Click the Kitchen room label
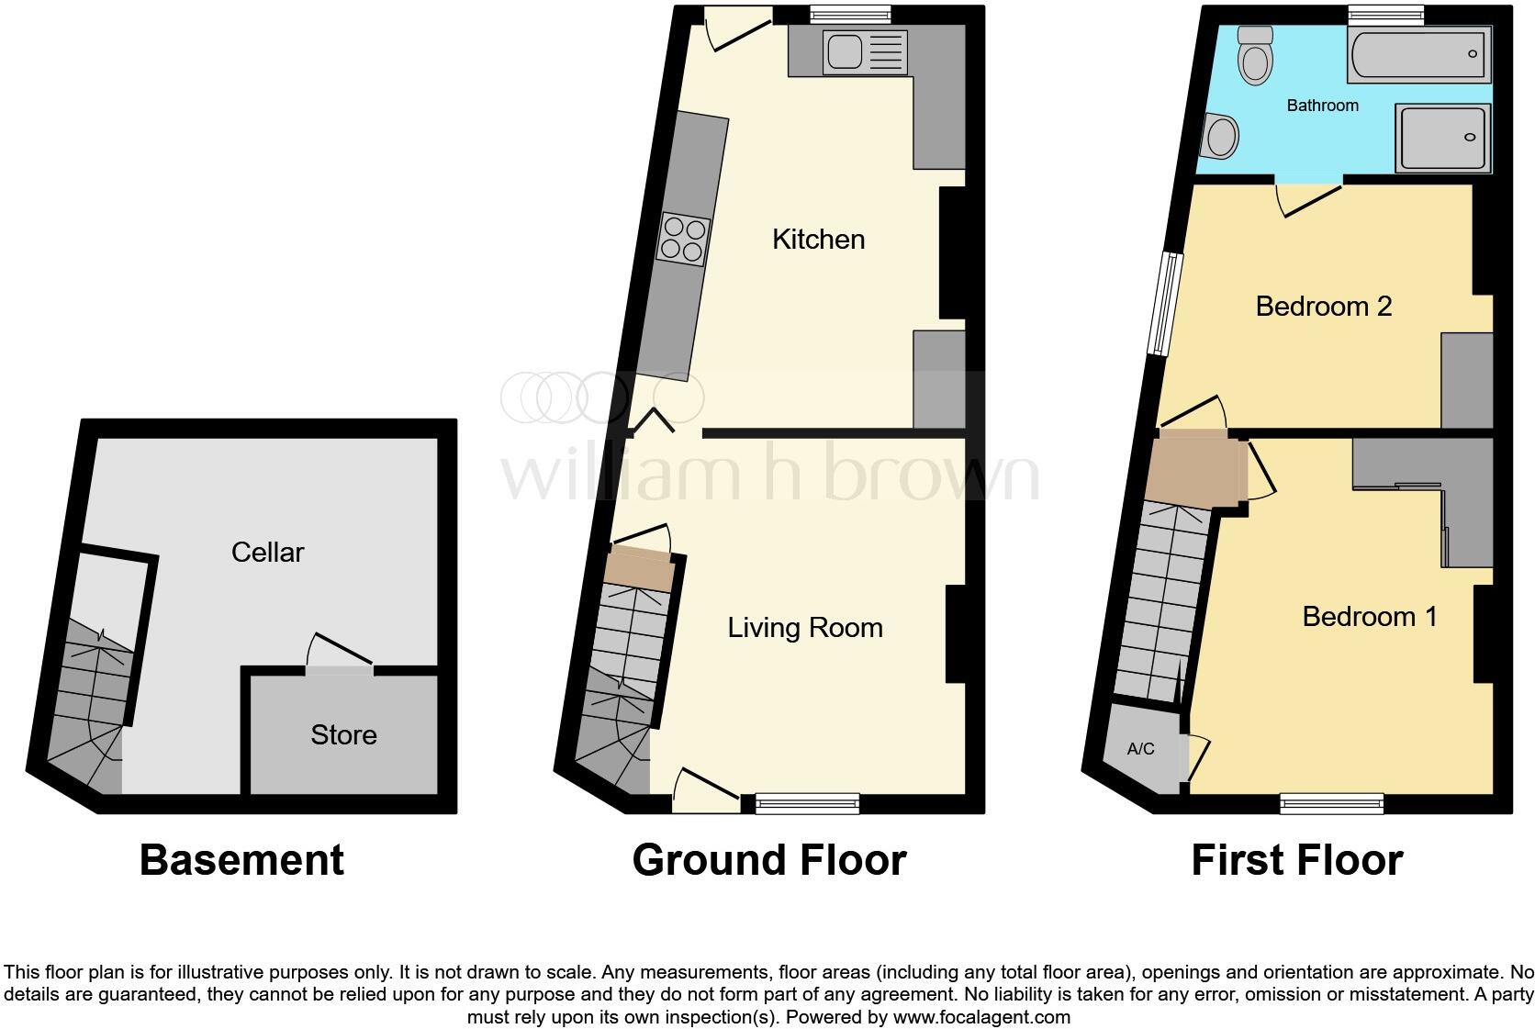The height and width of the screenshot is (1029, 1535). [818, 240]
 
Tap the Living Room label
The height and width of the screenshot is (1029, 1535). [805, 628]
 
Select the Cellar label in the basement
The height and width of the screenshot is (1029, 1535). [267, 552]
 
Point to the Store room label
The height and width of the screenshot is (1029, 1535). [343, 734]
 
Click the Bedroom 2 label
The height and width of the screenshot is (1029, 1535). [1323, 306]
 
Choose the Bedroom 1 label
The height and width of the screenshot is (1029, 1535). [1369, 616]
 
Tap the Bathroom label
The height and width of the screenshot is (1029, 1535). [1322, 106]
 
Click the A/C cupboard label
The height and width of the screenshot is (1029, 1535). [1140, 749]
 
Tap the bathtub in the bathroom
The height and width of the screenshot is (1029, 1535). [1418, 54]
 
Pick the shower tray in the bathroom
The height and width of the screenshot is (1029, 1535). [1441, 138]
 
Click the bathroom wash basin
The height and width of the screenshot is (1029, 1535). [1221, 138]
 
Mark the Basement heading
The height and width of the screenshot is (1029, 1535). [241, 860]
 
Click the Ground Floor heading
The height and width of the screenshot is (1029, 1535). [769, 860]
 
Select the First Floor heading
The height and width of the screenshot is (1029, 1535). [1296, 860]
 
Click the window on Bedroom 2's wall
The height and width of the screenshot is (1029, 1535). [1168, 304]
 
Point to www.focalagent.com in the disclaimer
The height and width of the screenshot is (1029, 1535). [981, 1017]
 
